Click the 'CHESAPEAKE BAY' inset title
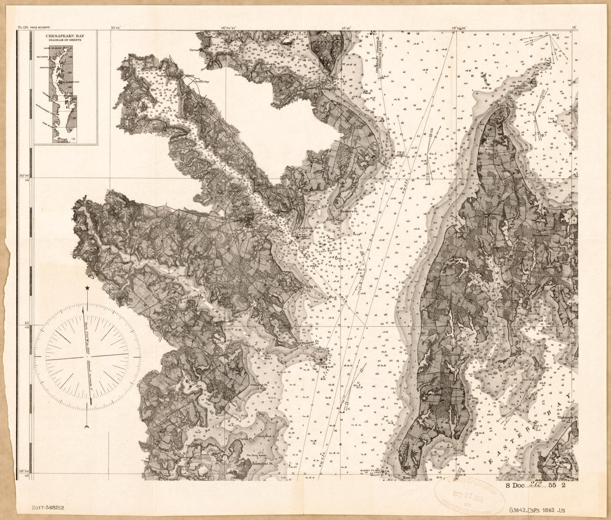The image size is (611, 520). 66,39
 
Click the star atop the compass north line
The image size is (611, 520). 87,288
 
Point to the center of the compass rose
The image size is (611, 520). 87,356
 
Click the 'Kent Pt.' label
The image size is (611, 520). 409,477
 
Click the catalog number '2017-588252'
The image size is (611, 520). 48,507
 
